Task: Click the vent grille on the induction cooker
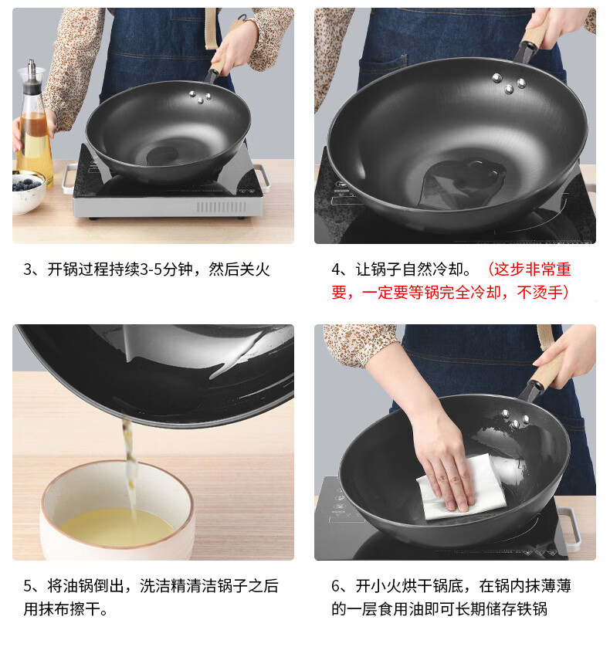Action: pos(221,207)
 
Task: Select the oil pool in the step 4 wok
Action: pos(463,183)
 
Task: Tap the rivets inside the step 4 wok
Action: pos(509,83)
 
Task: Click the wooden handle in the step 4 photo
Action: pos(537,34)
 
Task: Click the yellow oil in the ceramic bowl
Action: pos(117,527)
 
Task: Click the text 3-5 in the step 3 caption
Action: pos(151,269)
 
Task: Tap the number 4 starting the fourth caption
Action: pos(336,269)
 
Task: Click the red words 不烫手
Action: pos(539,292)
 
